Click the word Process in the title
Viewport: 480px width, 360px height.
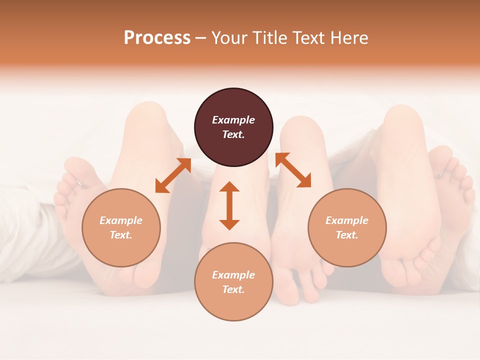click(157, 38)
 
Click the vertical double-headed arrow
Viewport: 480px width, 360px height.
click(229, 205)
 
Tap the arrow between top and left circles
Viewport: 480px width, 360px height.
click(173, 175)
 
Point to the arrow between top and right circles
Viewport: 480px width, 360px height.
click(293, 170)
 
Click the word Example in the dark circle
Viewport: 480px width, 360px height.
click(233, 120)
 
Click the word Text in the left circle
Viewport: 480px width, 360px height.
click(121, 235)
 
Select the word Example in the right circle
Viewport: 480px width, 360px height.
click(347, 220)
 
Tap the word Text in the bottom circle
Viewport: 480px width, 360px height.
click(233, 289)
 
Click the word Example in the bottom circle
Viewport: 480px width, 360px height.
click(233, 275)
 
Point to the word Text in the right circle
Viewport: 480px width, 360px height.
click(347, 235)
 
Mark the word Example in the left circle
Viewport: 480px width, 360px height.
click(121, 220)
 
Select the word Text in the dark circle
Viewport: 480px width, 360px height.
click(233, 134)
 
